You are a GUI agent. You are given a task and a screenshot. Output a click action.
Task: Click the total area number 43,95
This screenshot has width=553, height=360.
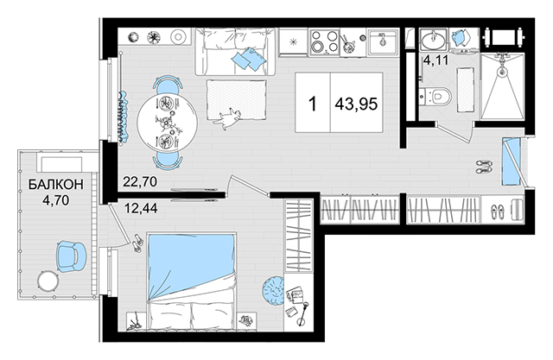pos(356,104)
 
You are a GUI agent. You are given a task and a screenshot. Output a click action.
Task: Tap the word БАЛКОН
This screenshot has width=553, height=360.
pos(55,184)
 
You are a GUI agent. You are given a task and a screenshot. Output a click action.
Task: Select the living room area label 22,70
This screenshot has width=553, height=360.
pos(140,182)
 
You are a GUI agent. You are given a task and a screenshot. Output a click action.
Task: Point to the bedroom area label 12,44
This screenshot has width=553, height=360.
pos(141,208)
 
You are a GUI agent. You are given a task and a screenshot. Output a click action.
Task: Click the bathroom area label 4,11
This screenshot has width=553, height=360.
pos(435,60)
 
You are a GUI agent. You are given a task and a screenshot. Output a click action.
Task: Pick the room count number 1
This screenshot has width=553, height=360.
pos(313,104)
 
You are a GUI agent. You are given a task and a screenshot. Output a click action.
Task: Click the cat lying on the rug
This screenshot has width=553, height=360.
pos(228,118)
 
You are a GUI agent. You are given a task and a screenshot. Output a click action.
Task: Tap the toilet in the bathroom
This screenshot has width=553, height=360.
pos(436,96)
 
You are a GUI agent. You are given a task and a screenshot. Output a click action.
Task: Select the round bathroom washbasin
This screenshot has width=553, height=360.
pos(433,40)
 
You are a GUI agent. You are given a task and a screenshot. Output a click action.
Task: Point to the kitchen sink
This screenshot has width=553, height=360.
pos(382,41)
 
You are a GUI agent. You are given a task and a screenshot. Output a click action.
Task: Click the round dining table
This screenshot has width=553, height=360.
pos(168,123)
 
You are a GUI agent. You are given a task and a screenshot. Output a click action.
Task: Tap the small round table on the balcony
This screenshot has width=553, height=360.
pos(48,281)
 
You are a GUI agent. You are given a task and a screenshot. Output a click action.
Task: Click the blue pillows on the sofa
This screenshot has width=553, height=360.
pos(248,59)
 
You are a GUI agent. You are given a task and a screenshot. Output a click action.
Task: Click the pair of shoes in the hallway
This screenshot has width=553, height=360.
pos(484,167)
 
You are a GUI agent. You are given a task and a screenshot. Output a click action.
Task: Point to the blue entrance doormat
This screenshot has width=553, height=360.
pos(511,161)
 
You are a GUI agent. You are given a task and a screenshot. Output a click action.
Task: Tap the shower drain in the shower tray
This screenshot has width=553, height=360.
pos(502,72)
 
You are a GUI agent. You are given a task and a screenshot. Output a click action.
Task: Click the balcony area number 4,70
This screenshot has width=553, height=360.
pos(55,200)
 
